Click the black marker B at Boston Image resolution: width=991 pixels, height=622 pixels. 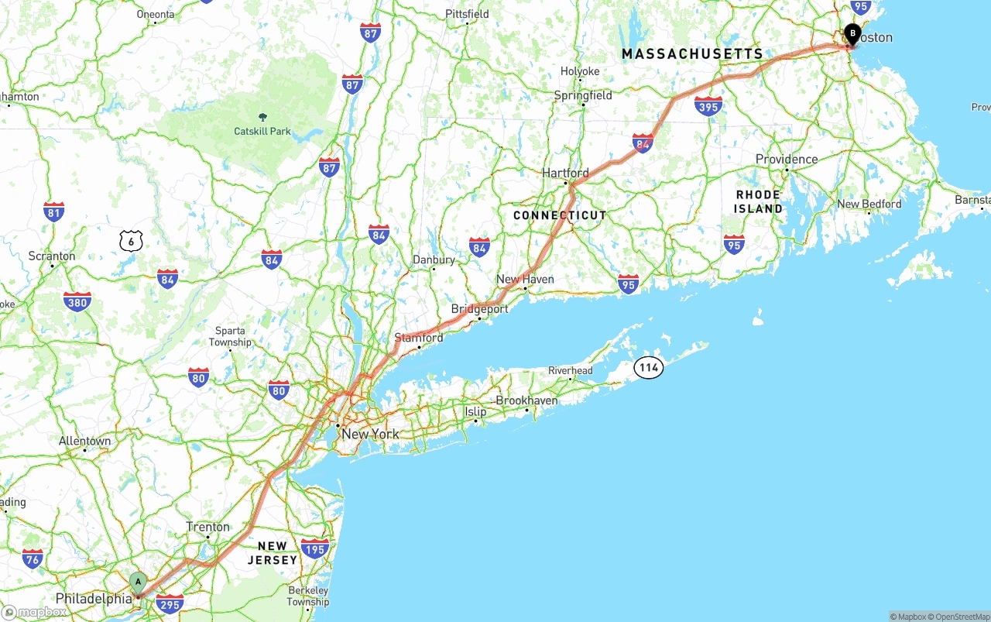(x=852, y=34)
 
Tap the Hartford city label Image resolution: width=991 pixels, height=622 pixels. (x=565, y=173)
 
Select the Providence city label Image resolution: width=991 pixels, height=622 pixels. (x=787, y=159)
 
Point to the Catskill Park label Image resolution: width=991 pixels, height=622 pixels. (x=262, y=131)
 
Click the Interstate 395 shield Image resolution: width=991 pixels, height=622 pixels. (x=708, y=105)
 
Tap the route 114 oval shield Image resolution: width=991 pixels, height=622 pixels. (x=649, y=368)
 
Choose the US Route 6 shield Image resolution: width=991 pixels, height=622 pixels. (x=132, y=241)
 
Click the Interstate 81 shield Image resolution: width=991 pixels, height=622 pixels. (x=53, y=211)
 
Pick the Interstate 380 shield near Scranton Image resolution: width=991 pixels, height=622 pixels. (x=77, y=301)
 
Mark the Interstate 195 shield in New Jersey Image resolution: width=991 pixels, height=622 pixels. (x=315, y=549)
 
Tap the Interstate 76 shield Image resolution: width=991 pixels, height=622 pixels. (x=33, y=558)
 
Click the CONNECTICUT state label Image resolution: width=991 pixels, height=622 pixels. (x=560, y=215)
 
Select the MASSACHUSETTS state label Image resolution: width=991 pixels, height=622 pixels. (x=692, y=53)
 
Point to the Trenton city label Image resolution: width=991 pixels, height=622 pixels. (x=208, y=527)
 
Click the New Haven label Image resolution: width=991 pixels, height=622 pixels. (x=525, y=279)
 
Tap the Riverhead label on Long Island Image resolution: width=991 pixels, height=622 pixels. (x=570, y=370)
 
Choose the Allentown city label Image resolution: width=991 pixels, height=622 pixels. (x=85, y=441)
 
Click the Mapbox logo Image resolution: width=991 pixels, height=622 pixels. (x=34, y=612)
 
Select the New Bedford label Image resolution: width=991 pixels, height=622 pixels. (x=869, y=204)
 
